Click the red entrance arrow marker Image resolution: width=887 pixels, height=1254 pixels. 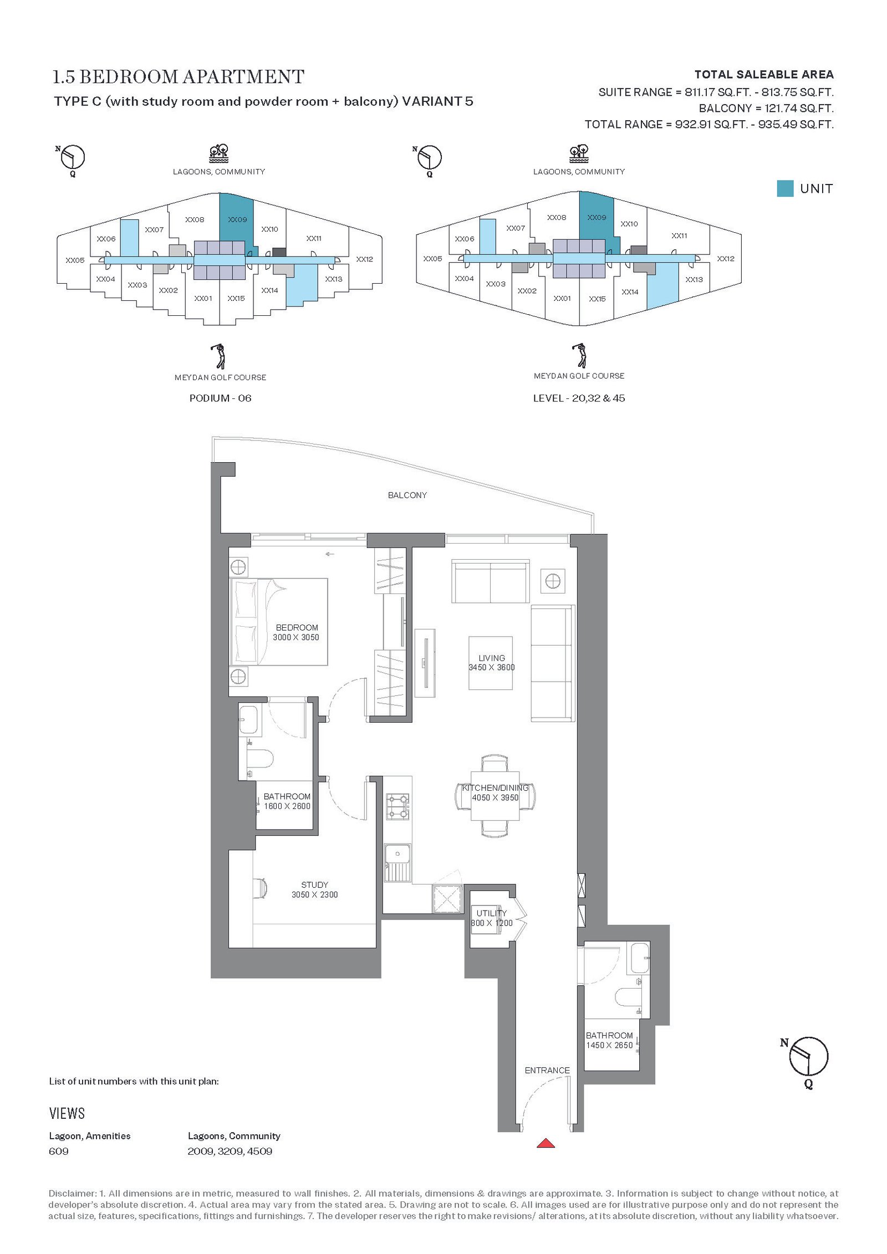[546, 1142]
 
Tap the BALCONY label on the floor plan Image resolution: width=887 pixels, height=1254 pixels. [407, 495]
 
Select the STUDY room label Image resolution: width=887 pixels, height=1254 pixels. [315, 884]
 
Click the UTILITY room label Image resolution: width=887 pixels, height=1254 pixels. [492, 913]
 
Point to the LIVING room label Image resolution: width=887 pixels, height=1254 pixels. [492, 658]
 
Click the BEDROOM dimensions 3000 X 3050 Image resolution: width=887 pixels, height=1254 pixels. [296, 637]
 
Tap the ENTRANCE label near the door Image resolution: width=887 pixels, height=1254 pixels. [547, 1070]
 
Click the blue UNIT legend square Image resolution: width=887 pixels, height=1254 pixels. [785, 188]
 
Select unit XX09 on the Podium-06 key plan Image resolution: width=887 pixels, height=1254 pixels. [237, 219]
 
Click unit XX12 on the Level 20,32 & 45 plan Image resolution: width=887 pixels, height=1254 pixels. [725, 259]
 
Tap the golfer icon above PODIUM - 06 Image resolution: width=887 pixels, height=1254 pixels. [220, 356]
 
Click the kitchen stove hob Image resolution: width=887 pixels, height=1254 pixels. [397, 806]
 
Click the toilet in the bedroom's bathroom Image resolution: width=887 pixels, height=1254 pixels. [261, 759]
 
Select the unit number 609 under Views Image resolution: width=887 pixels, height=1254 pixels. [59, 1151]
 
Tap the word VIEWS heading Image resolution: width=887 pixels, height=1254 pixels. [67, 1113]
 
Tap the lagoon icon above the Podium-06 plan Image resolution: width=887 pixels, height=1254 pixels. [219, 153]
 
